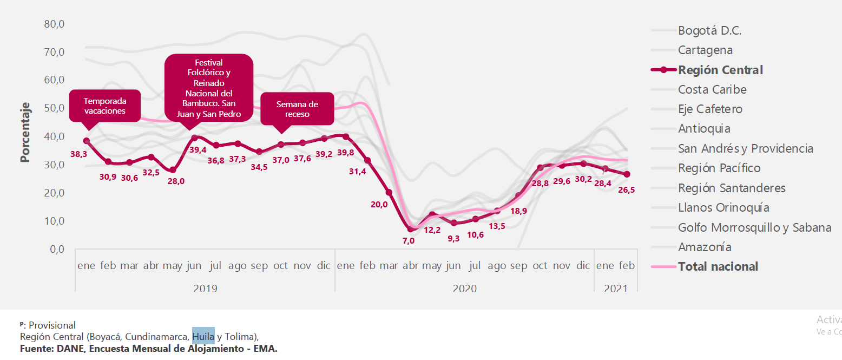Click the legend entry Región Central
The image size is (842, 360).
coord(720,70)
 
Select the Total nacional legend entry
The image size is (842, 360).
coord(718,266)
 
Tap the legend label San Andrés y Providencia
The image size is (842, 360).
coord(745,148)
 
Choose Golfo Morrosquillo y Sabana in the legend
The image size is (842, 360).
coord(754,227)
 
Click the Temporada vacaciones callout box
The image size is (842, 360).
coord(104,106)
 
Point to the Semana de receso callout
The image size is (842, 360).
coord(297,109)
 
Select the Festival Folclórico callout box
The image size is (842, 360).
coord(209,88)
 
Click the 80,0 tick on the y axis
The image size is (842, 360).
coord(54,24)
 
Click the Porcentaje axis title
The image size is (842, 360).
coord(25,132)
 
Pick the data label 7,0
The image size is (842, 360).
coord(408,240)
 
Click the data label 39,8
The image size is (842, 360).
coord(345,153)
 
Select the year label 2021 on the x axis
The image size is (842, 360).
coord(615,289)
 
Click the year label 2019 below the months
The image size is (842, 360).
coord(205,289)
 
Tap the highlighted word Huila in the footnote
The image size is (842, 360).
coord(203,337)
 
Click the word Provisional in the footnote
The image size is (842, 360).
coord(52,325)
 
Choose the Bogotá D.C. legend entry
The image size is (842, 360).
coord(709,31)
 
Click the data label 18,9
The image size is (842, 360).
coord(518,211)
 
